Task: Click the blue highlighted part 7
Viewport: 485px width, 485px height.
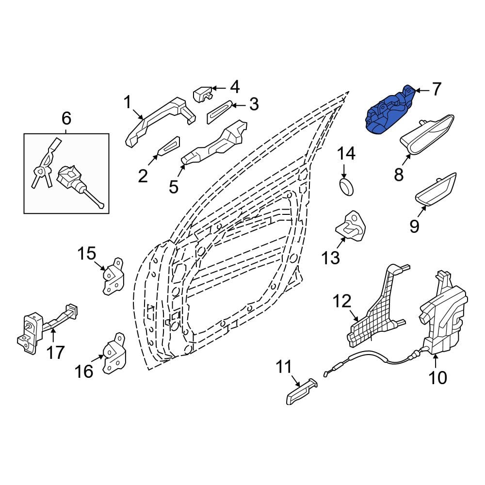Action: [390, 111]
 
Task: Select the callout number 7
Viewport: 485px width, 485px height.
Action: [436, 89]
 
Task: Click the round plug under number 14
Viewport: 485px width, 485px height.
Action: [346, 187]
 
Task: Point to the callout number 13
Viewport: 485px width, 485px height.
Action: [331, 258]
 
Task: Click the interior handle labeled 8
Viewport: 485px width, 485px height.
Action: [427, 134]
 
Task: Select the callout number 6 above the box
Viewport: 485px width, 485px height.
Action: [66, 118]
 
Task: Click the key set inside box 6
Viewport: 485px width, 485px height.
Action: [46, 163]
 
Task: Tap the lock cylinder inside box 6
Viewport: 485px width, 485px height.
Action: [80, 185]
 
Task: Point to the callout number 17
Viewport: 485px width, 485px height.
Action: [55, 352]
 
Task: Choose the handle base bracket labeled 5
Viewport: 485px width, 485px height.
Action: [214, 143]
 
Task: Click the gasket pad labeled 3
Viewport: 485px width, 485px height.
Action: [219, 112]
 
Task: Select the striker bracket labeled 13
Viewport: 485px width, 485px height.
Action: [351, 226]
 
